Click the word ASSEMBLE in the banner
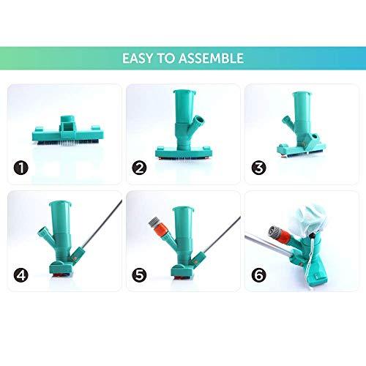point(212,57)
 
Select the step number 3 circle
point(258,170)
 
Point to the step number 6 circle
point(258,277)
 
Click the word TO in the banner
point(168,57)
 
